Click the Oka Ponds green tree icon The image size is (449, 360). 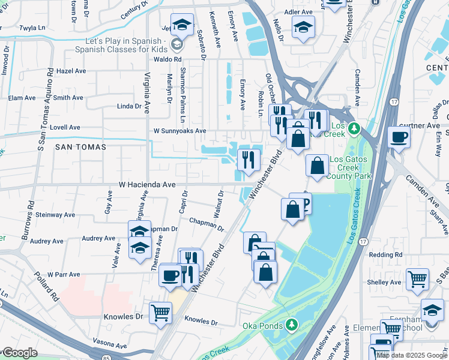292,325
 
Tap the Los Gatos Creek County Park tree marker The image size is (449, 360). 354,128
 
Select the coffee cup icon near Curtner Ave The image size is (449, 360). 399,137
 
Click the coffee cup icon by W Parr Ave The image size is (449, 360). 170,275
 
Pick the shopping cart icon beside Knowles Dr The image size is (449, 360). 160,313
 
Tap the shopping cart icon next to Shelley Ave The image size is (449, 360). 417,278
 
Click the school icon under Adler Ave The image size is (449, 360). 303,27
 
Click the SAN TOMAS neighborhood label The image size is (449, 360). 80,146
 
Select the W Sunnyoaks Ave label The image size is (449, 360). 179,130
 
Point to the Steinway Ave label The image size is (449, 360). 55,214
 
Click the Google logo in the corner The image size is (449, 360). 19,353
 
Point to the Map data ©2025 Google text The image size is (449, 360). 411,355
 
